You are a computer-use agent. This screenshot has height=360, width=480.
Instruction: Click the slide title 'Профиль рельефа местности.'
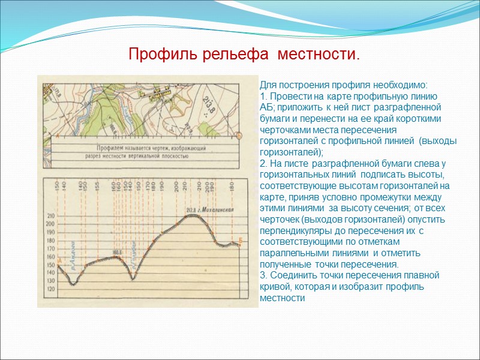pos(245,55)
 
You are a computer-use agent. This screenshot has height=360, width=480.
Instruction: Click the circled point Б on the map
pos(238,136)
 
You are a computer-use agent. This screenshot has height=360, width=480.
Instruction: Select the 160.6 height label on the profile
pos(116,252)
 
